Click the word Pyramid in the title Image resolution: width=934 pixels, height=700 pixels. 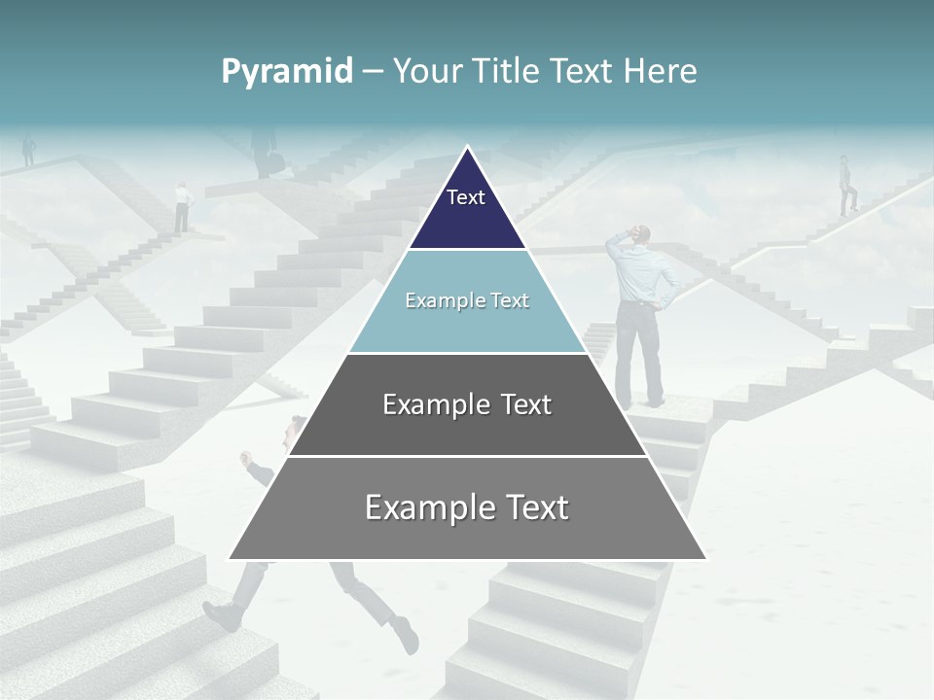pos(287,72)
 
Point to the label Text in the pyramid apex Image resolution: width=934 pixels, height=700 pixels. pos(465,197)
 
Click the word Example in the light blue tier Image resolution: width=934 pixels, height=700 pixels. pos(436,300)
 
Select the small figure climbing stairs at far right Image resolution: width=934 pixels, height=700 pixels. pos(846,185)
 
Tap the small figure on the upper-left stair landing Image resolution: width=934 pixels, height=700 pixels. pos(181,207)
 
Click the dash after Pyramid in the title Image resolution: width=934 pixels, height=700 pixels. pos(373,71)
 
